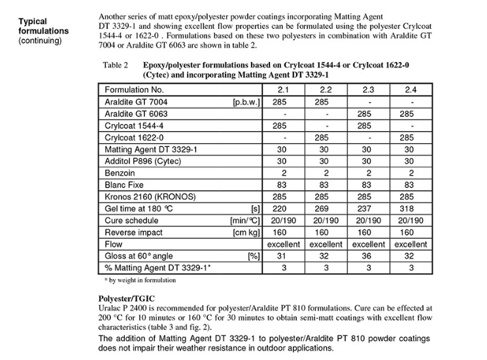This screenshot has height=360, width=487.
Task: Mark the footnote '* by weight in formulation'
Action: tap(140, 280)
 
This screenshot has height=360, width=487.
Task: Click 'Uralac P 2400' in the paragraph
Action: tap(117, 306)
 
